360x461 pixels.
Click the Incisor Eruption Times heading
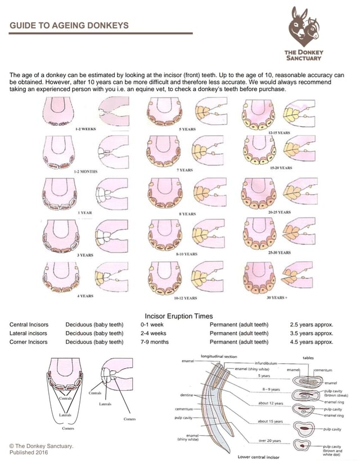(x=179, y=316)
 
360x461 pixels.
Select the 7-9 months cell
(x=155, y=342)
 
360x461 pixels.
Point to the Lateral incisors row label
(x=29, y=333)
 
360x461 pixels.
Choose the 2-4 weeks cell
(x=154, y=333)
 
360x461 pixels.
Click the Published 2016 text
(x=29, y=452)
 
